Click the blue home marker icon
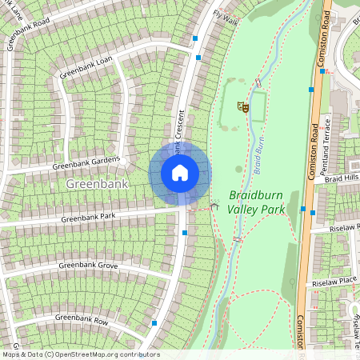179,173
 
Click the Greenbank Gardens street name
86,162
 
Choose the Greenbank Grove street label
88,265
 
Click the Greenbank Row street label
82,318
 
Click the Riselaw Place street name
335,282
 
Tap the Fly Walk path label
226,16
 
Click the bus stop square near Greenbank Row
154,323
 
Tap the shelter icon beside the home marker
214,206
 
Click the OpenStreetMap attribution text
80,354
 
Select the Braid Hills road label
341,179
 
